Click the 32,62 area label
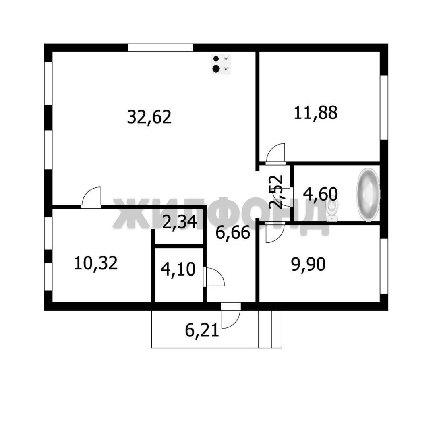149,117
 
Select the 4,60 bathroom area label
320,194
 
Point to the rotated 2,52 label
275,192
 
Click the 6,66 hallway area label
233,232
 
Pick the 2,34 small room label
180,222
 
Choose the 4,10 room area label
178,269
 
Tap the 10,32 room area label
95,263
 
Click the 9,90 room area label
308,264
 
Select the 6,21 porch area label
202,330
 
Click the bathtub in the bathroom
368,194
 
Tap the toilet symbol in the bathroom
332,211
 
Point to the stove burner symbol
221,64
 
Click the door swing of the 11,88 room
275,153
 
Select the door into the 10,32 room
91,197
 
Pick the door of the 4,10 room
214,277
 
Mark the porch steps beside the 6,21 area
270,329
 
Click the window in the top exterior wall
160,48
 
